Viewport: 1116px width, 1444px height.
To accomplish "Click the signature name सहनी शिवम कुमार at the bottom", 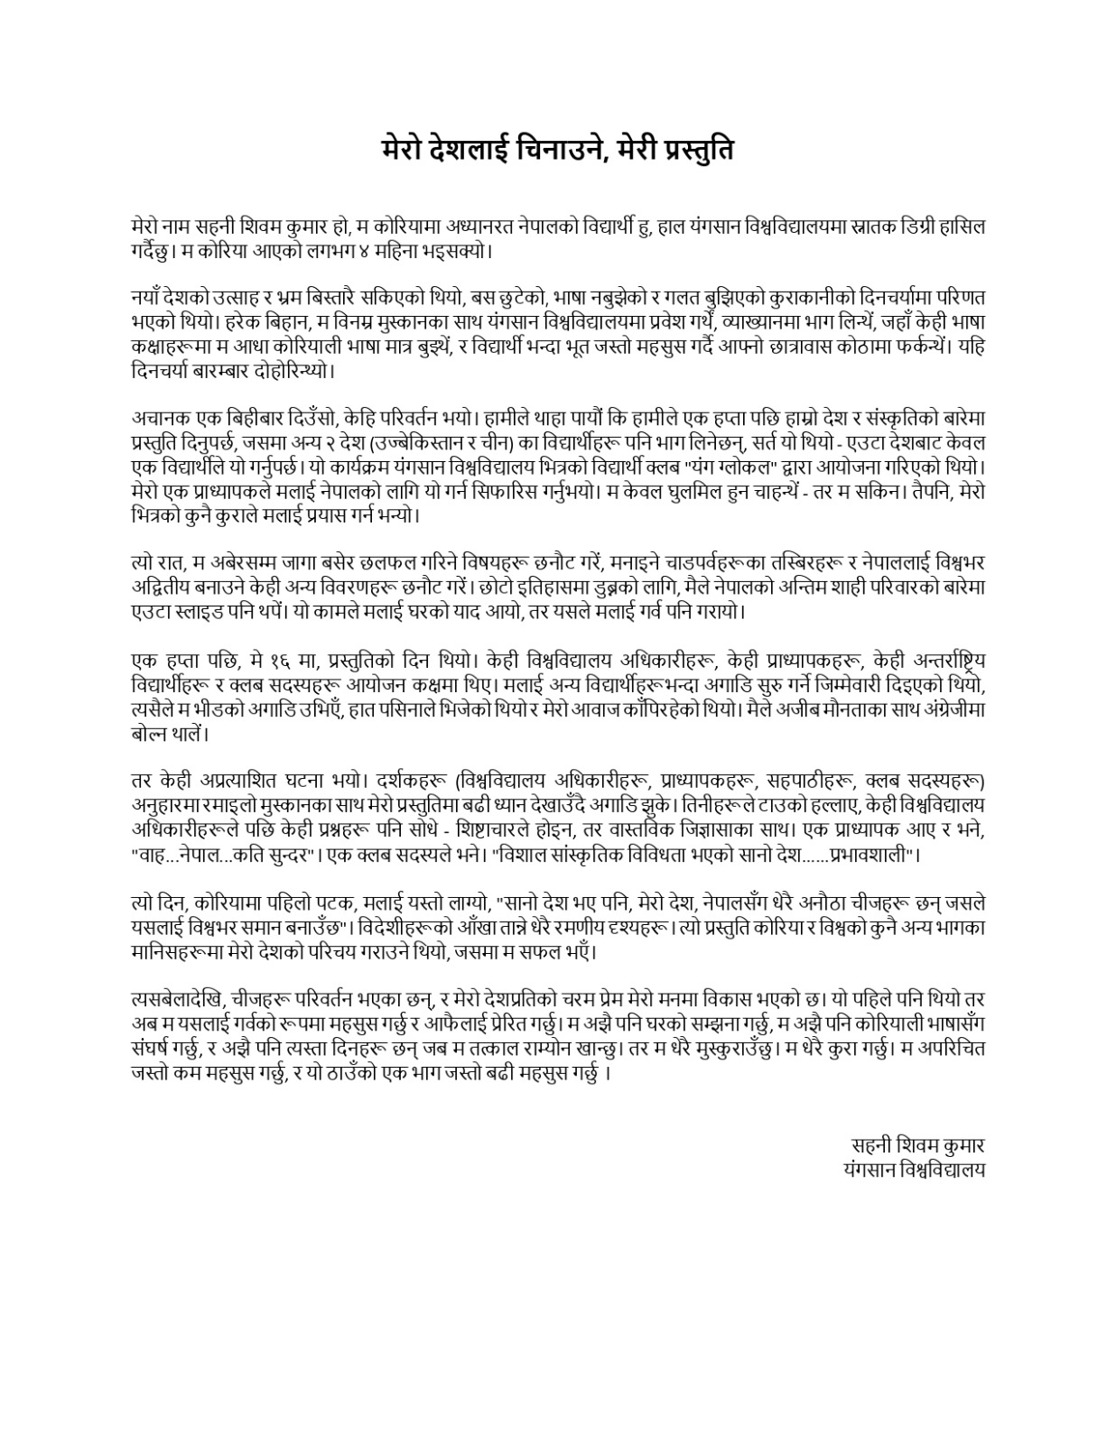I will tap(916, 1145).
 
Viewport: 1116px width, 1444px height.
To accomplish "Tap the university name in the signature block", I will tap(912, 1169).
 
